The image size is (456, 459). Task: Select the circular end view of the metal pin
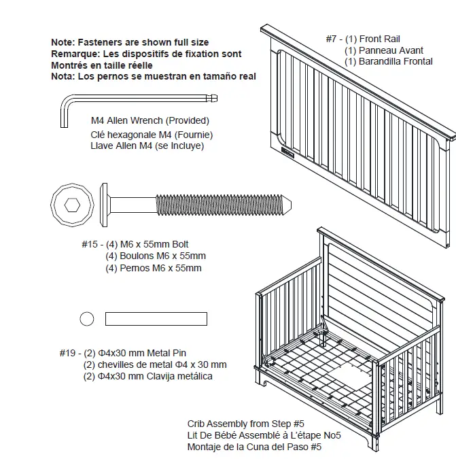pyautogui.click(x=86, y=318)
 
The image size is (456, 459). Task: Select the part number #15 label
pyautogui.click(x=90, y=245)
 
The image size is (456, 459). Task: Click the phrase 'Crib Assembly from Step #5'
pyautogui.click(x=245, y=424)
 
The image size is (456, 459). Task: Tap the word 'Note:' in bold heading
pyautogui.click(x=63, y=42)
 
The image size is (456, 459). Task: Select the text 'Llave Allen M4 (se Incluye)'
pyautogui.click(x=147, y=146)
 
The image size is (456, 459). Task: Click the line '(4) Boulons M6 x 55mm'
pyautogui.click(x=156, y=256)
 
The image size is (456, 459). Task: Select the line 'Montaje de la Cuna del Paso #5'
pyautogui.click(x=254, y=447)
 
